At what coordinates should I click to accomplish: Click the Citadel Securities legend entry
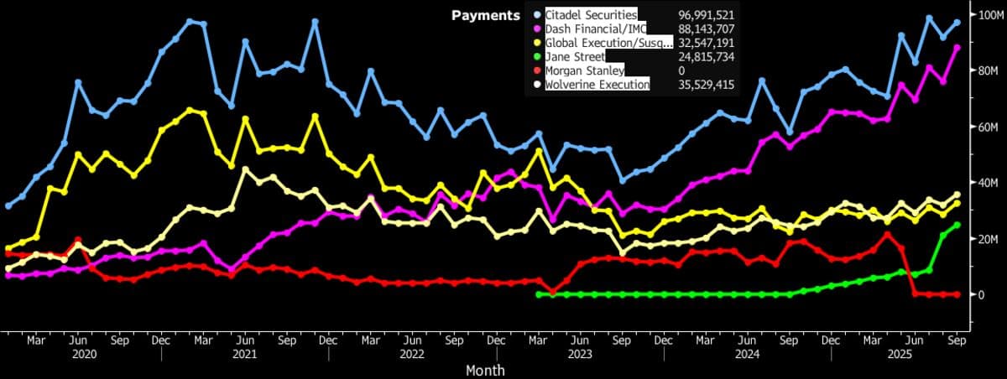click(x=591, y=15)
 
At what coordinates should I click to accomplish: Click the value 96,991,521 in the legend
click(x=707, y=15)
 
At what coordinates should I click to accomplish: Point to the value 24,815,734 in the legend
click(x=707, y=56)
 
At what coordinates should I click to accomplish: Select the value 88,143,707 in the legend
click(x=707, y=29)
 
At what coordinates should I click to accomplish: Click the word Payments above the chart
click(x=485, y=15)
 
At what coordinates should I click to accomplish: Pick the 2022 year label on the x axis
click(x=413, y=354)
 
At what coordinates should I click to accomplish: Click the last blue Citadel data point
click(x=957, y=23)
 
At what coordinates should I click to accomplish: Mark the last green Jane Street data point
click(x=957, y=225)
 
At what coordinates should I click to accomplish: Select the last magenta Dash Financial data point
click(x=957, y=48)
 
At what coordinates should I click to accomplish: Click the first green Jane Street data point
click(x=538, y=294)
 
